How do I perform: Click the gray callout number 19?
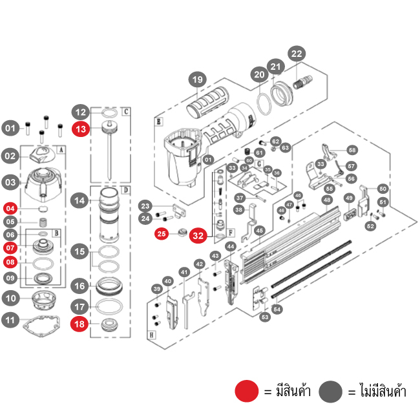coord(198,80)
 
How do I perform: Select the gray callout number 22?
coord(297,54)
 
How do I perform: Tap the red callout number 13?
coord(80,129)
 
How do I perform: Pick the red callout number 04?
coord(10,208)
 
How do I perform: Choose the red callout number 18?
coord(80,324)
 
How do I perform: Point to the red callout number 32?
coord(198,236)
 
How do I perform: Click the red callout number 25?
coord(162,234)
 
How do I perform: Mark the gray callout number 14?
coord(80,201)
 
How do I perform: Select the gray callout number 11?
coord(10,319)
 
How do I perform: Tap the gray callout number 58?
coord(352,149)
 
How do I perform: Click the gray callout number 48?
coord(328,200)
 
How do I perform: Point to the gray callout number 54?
coord(278,310)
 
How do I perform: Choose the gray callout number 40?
coord(168,281)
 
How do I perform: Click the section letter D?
coord(126,189)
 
